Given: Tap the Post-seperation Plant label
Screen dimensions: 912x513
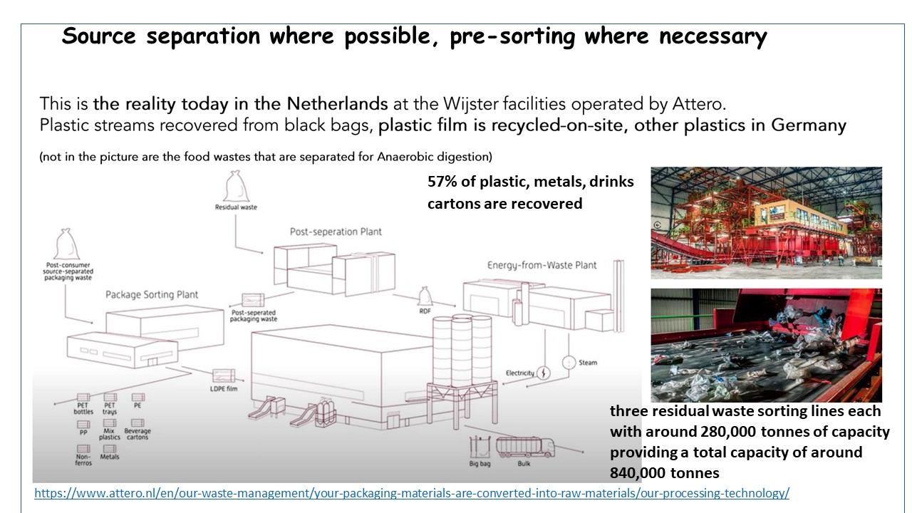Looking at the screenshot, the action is [x=336, y=232].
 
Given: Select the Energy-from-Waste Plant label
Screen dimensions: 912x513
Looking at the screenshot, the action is [x=542, y=266].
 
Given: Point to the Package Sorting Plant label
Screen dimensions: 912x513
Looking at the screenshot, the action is [x=152, y=294].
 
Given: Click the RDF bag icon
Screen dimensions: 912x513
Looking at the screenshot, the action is [x=425, y=296].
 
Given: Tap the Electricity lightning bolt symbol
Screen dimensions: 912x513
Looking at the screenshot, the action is [x=544, y=373].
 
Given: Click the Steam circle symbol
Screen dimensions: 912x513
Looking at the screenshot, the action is [x=569, y=363].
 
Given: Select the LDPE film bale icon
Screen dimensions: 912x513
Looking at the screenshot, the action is [x=224, y=375].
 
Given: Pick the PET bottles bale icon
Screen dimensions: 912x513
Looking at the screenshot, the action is [x=83, y=398].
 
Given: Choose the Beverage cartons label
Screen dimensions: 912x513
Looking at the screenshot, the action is [x=138, y=434].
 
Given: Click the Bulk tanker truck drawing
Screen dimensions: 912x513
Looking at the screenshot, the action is [x=525, y=447].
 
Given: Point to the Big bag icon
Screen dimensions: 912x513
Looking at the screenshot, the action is [x=480, y=447].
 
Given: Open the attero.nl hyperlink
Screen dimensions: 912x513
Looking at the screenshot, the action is [x=412, y=493].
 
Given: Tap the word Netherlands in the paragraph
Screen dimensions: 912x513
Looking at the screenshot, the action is [x=337, y=104].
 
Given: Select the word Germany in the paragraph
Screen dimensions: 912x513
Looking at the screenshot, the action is [x=809, y=125].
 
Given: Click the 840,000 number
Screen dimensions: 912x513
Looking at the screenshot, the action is [x=638, y=473].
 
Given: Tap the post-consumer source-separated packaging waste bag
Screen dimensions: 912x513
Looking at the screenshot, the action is [x=67, y=244].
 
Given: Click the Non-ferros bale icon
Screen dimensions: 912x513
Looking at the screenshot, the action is [x=83, y=449].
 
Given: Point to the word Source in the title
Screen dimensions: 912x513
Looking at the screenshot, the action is [x=98, y=36].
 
